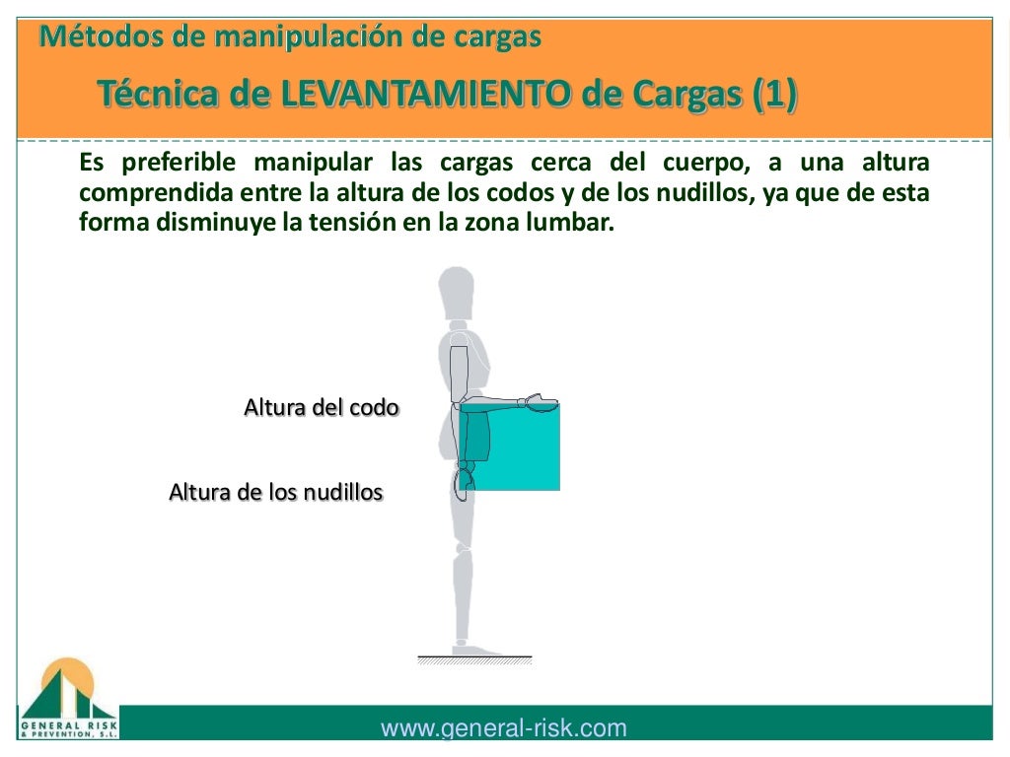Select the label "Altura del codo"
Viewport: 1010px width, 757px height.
coord(322,407)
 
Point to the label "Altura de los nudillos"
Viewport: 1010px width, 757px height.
coord(275,491)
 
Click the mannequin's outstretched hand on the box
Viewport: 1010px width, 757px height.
coord(541,401)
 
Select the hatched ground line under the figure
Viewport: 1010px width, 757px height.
coord(474,660)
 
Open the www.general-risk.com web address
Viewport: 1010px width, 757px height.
coord(503,728)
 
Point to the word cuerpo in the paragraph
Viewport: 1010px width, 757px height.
coord(695,162)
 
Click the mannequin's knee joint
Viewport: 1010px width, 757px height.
coord(461,546)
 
